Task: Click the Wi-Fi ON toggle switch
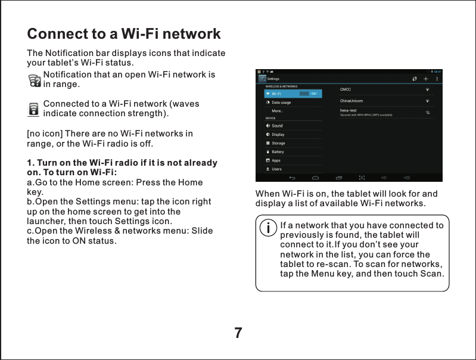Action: point(309,94)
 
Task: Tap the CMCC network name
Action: point(346,89)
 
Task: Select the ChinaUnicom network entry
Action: point(351,101)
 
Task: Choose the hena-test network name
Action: point(348,110)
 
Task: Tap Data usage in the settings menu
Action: point(281,103)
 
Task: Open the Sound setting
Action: point(277,126)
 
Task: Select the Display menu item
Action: point(278,135)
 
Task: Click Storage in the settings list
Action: point(278,143)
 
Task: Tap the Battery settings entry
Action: point(278,152)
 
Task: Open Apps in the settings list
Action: point(276,160)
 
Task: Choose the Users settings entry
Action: point(276,169)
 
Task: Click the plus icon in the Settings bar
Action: point(426,78)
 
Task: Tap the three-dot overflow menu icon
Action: point(437,78)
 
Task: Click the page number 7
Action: point(238,333)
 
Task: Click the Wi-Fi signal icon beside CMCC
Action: point(427,89)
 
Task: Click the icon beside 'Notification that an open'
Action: point(35,80)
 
